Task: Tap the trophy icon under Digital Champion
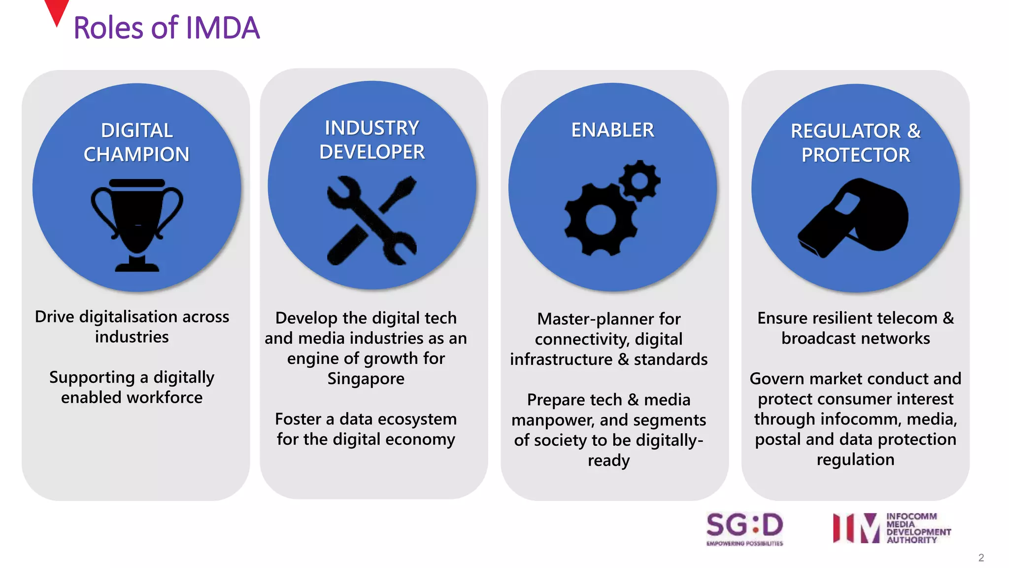[x=137, y=224]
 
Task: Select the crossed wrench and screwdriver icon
[x=372, y=220]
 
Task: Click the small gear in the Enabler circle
[x=639, y=180]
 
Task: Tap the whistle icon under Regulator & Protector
[x=854, y=217]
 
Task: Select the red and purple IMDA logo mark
[x=856, y=528]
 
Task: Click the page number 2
[x=981, y=558]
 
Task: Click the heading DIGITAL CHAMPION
[x=136, y=142]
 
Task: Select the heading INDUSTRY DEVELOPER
[x=372, y=140]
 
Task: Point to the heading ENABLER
[x=612, y=130]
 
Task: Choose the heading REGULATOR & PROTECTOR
[x=856, y=143]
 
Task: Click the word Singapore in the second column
[x=366, y=379]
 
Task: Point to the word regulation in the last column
[x=855, y=460]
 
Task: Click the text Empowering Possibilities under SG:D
[x=744, y=543]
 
